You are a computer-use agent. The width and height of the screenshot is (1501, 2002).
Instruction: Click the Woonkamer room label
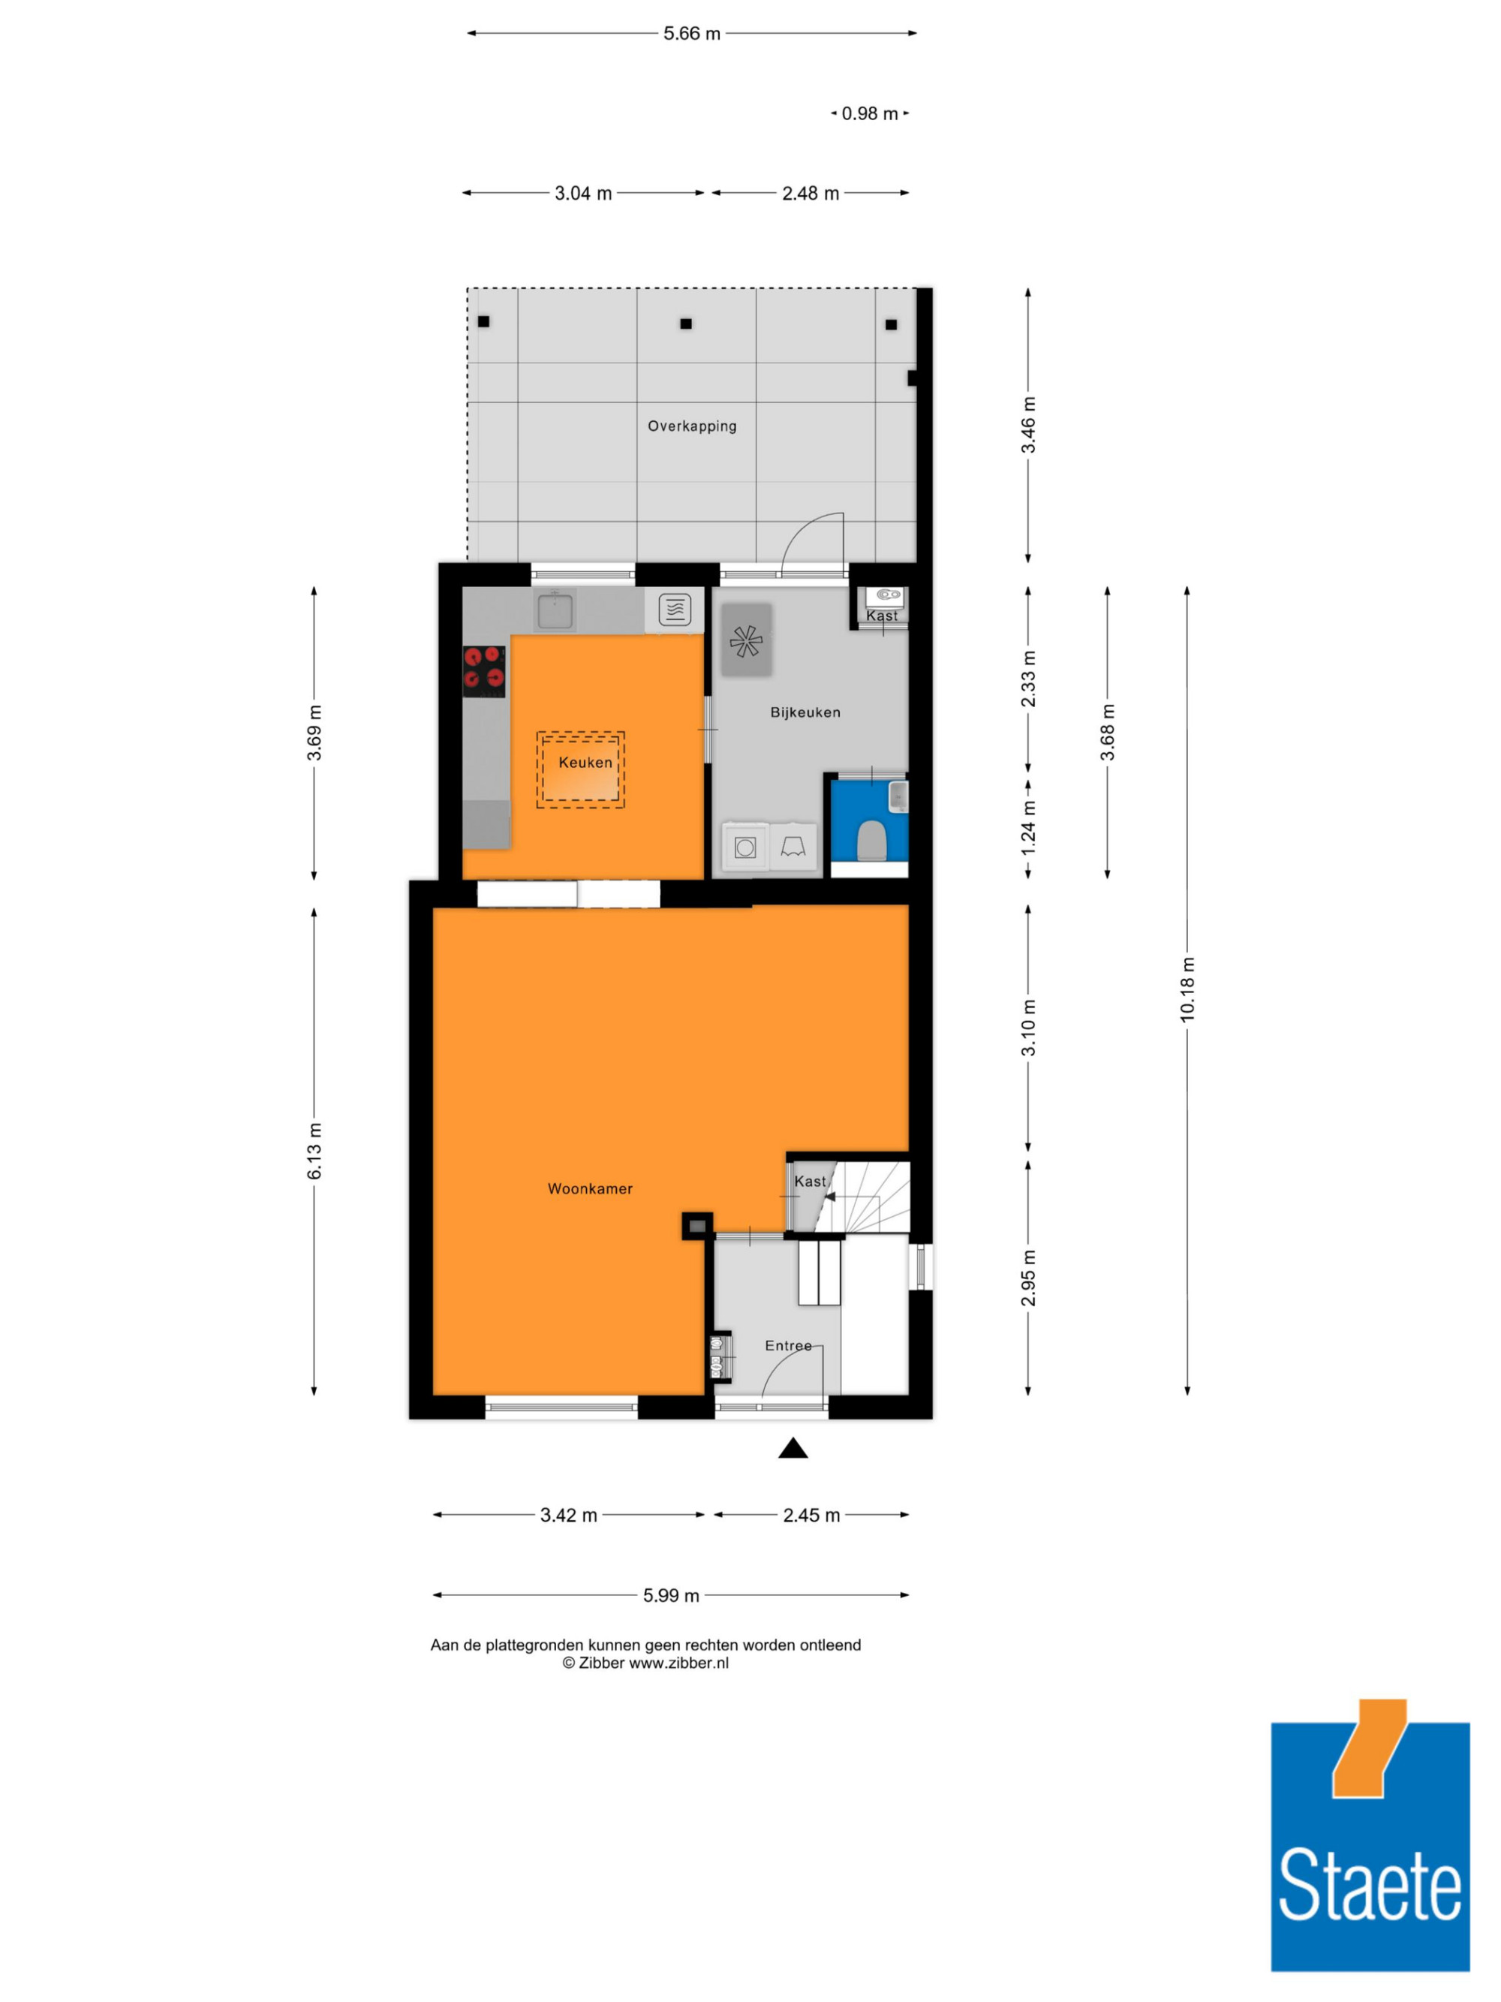(590, 1188)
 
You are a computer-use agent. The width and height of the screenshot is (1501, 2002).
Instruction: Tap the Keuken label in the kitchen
(585, 762)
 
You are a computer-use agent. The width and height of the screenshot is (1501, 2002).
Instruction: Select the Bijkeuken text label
(805, 712)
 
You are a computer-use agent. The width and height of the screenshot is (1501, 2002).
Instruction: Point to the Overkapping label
(692, 426)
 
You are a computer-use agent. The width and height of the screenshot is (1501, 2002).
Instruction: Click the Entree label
(788, 1346)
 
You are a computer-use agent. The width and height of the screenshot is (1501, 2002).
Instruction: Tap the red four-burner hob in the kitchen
(484, 670)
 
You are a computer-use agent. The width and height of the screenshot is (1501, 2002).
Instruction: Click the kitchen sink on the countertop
(555, 609)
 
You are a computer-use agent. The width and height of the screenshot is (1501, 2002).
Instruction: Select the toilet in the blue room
(871, 840)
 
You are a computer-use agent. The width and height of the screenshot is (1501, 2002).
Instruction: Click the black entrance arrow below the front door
(793, 1448)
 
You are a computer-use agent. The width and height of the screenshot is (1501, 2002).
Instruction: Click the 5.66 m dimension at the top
(692, 34)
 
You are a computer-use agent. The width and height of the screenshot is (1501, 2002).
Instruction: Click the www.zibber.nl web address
(678, 1663)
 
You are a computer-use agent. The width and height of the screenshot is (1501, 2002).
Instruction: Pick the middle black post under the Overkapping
(686, 323)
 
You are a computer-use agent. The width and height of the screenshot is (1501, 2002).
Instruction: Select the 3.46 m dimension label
(1027, 426)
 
